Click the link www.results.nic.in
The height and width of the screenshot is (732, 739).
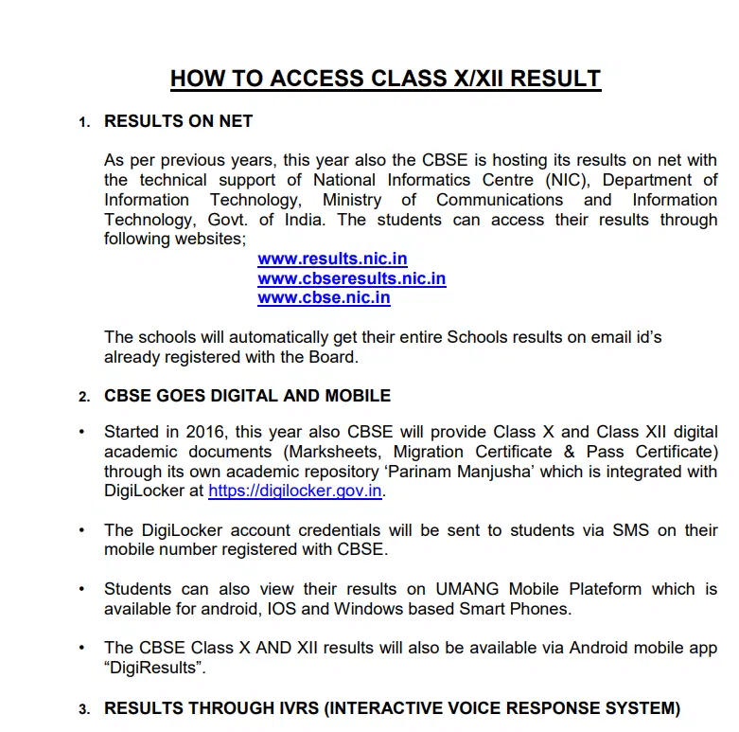332,259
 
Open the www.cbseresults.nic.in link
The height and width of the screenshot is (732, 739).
351,278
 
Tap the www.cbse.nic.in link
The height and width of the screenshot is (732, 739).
324,297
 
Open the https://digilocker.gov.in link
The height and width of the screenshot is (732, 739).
295,491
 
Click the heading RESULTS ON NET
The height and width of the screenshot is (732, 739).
178,121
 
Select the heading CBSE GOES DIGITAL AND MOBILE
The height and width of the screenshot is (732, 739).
247,395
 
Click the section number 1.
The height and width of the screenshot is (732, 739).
84,122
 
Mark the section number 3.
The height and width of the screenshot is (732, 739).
84,709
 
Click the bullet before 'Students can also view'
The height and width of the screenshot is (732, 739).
83,589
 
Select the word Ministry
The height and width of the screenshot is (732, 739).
352,200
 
